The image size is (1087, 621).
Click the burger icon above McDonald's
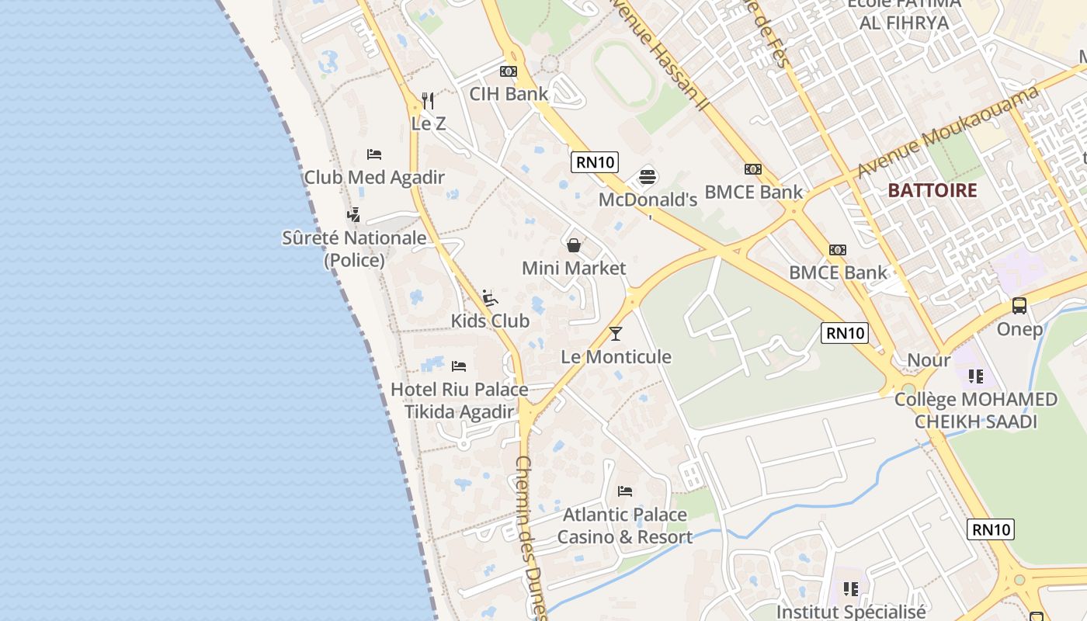point(648,177)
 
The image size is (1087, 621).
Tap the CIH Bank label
point(509,94)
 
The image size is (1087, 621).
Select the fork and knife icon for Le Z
point(428,100)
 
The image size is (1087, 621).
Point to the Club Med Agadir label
point(374,177)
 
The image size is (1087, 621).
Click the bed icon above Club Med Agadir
point(374,154)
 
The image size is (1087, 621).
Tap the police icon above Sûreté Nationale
point(354,214)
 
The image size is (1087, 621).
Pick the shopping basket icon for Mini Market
point(574,245)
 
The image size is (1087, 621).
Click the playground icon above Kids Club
point(490,298)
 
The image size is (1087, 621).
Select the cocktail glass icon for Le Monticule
point(616,334)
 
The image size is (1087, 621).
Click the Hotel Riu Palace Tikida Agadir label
point(459,401)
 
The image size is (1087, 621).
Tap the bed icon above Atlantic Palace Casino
point(625,491)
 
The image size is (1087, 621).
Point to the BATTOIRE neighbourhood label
point(932,190)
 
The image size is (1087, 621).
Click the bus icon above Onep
point(1019,306)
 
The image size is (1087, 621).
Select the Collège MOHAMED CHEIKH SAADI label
point(976,411)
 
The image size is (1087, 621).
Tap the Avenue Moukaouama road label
point(949,131)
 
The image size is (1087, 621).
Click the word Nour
point(929,360)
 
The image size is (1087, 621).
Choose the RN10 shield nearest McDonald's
point(595,162)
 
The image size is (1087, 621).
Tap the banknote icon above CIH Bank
point(509,71)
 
